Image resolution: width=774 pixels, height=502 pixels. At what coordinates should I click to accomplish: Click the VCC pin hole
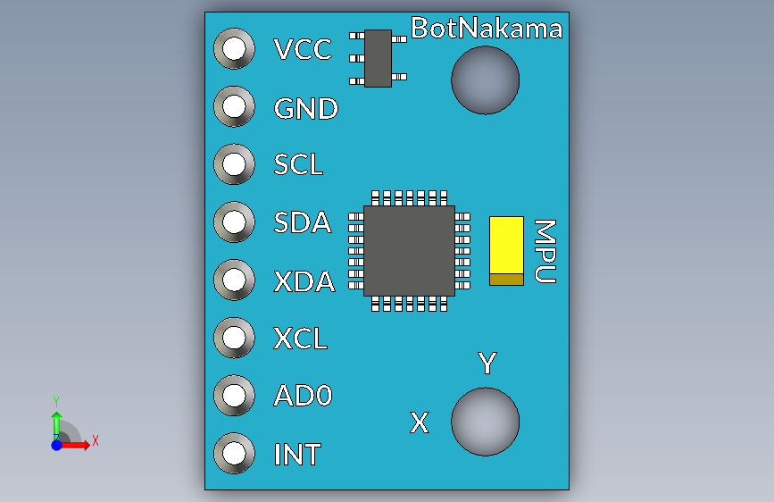coord(234,48)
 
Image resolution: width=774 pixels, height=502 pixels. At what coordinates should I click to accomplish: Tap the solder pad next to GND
coord(234,106)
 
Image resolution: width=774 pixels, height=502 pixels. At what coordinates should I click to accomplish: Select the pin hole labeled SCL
coord(234,164)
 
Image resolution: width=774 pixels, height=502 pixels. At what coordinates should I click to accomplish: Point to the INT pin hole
coord(234,453)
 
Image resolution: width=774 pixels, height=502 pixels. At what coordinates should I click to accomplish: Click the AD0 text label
coord(304,396)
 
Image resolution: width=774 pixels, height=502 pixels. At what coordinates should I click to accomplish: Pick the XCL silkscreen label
coord(300,339)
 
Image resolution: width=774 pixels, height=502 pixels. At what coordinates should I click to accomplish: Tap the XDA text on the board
coord(304,281)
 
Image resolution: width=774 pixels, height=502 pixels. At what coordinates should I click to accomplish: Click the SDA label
coord(302,222)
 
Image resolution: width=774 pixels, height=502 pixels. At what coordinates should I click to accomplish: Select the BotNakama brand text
coord(487,29)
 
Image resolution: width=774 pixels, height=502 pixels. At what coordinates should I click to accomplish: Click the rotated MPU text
coord(545,252)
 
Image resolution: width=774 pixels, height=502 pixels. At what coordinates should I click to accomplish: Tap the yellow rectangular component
coord(506,251)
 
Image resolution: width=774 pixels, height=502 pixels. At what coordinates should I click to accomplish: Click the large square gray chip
coord(409,251)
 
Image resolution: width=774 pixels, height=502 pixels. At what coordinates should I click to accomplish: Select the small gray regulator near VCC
coord(378,58)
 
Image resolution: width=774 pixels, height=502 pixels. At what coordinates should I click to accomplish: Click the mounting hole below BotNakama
coord(486,80)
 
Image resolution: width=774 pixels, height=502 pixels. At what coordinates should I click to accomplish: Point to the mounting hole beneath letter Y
coord(486,422)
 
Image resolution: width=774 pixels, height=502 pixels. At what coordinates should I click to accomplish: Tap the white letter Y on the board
coord(487,364)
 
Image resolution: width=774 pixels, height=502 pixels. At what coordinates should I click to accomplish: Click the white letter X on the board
coord(420,423)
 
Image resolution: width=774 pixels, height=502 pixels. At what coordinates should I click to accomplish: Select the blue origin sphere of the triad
coord(57,445)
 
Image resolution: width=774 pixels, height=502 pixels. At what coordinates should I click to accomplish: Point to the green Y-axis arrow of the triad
coord(57,425)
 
